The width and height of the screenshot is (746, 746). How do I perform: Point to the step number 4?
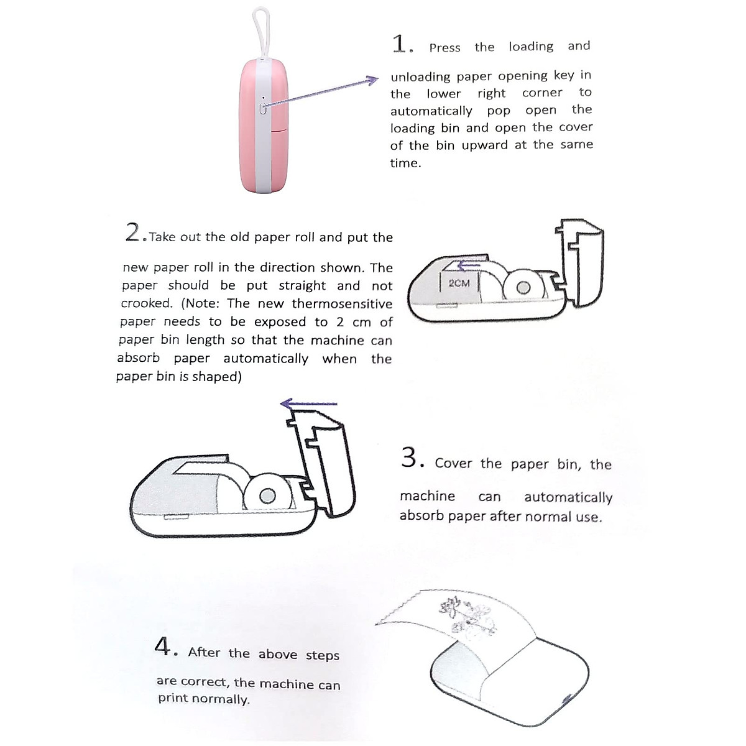(163, 647)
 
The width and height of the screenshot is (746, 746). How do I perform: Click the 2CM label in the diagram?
(459, 283)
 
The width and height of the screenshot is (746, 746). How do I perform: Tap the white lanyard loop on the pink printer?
(260, 31)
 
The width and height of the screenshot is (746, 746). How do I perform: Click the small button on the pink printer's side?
(263, 109)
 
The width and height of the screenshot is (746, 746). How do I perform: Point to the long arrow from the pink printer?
(320, 94)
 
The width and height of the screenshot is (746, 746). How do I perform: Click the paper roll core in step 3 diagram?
(267, 495)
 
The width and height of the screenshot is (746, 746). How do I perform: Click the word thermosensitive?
(342, 304)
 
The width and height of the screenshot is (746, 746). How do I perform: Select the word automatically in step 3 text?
(568, 497)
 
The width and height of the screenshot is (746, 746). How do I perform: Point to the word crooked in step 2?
(146, 303)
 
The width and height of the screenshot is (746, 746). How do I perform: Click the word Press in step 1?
(444, 48)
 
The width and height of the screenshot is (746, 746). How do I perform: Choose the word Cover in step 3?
(453, 463)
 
